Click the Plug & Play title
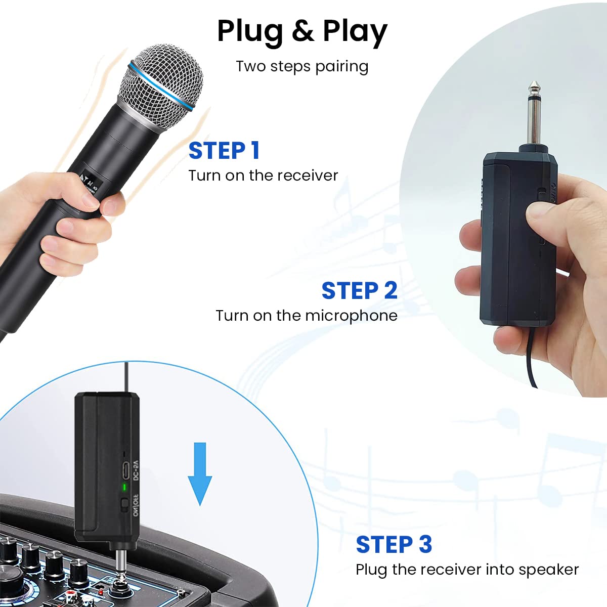[x=302, y=31]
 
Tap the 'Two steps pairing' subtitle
[x=302, y=66]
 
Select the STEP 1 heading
[x=224, y=150]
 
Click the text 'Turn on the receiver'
[x=263, y=176]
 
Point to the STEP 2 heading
[x=359, y=291]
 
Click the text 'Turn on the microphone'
[x=307, y=316]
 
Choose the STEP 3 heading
[x=394, y=545]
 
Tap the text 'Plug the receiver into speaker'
[x=467, y=570]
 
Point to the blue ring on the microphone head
[x=162, y=86]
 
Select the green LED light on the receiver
[x=124, y=487]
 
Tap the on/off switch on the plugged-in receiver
[x=124, y=504]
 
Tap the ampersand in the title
[x=302, y=31]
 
